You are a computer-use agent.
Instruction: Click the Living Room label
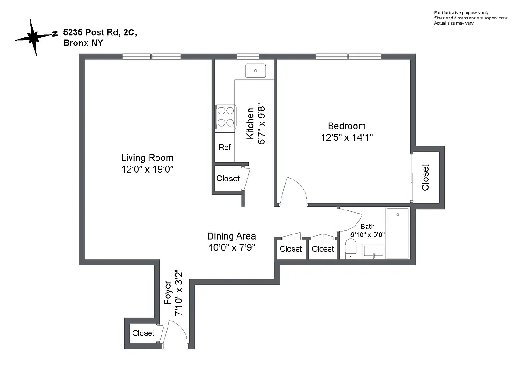(x=147, y=158)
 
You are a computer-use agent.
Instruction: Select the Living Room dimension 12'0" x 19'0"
(x=147, y=169)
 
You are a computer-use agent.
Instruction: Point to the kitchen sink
(x=255, y=71)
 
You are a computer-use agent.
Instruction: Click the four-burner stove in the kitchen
(x=225, y=117)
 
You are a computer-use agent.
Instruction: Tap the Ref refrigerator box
(x=225, y=148)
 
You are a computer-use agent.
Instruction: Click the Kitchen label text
(x=250, y=123)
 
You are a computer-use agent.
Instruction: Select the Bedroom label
(x=346, y=126)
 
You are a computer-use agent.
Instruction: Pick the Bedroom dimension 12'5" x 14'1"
(x=346, y=137)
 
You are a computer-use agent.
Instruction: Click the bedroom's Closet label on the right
(x=425, y=177)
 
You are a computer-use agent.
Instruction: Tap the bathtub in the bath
(x=398, y=233)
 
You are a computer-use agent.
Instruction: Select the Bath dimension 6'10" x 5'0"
(x=367, y=235)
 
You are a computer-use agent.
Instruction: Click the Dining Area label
(x=231, y=236)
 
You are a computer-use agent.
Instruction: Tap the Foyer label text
(x=168, y=294)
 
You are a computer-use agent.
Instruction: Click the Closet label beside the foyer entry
(x=143, y=333)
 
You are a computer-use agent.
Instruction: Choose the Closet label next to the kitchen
(x=228, y=179)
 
